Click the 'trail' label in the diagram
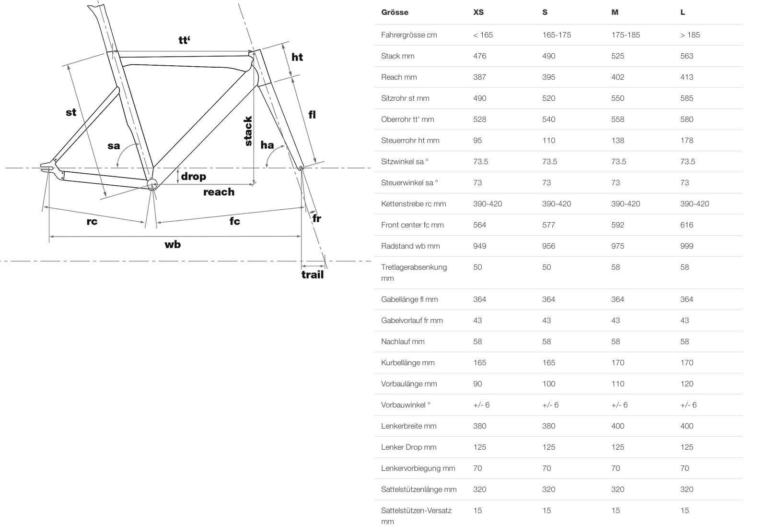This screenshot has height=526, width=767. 312,275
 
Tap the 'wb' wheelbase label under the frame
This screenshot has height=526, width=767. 173,244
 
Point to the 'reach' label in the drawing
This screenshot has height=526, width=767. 219,192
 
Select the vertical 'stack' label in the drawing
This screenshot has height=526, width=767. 248,131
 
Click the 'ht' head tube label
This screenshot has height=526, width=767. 297,57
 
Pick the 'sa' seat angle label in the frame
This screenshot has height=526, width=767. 114,146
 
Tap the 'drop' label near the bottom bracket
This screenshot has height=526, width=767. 194,177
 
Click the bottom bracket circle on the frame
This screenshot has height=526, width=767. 152,184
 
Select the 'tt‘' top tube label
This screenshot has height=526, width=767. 184,40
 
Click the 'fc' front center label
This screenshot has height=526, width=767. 234,221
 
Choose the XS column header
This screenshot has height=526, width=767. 478,12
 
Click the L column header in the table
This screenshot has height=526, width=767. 683,12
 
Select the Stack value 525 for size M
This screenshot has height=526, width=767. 618,56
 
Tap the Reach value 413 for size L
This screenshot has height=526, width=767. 686,77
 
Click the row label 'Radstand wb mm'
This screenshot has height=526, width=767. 410,246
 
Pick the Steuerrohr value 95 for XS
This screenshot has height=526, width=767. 477,140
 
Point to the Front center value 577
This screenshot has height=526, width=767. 548,225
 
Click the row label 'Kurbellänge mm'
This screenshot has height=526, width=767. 407,363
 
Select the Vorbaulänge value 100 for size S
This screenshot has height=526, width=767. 548,383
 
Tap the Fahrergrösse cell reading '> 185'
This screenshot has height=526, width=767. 690,35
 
